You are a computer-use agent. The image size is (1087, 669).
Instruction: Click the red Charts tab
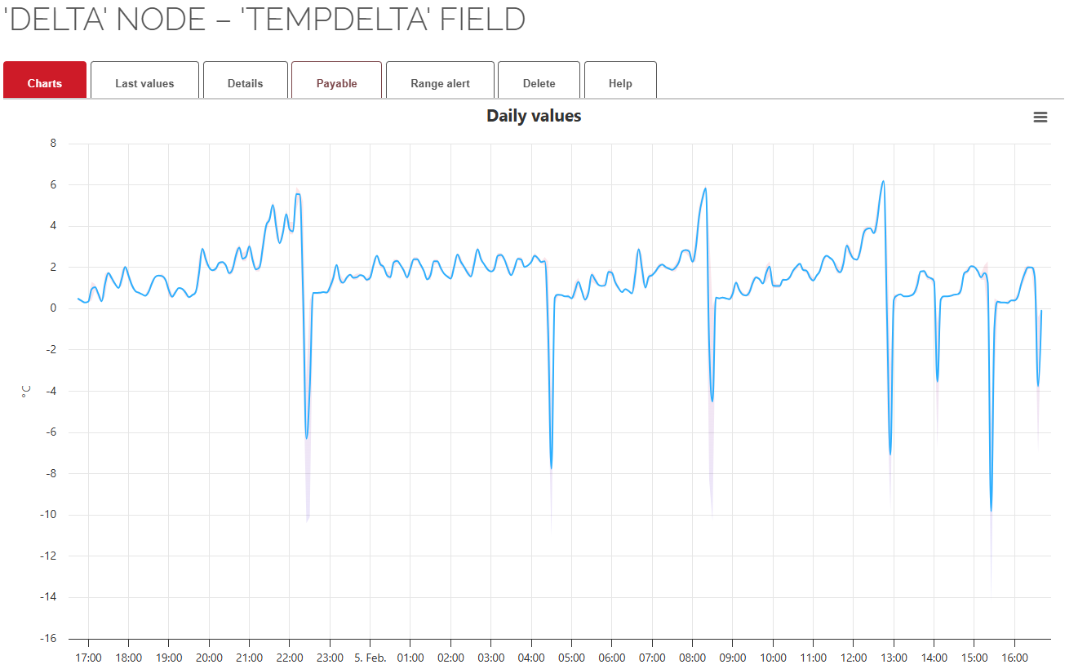tap(45, 83)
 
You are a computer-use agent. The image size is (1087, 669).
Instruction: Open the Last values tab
tap(144, 83)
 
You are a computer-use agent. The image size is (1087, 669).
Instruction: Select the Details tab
tap(245, 83)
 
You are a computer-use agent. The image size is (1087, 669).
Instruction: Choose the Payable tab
tap(336, 83)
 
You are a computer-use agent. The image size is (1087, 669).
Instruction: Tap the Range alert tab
tap(440, 83)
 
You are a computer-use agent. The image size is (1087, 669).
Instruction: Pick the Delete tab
tap(539, 83)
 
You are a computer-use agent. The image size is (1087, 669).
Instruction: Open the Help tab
tap(620, 83)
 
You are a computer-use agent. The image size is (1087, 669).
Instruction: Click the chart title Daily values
tap(534, 116)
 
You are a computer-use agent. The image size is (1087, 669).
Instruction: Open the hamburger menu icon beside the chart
tap(1040, 117)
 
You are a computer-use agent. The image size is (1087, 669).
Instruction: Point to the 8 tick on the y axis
tap(53, 144)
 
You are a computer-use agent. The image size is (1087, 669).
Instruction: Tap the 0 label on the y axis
tap(53, 308)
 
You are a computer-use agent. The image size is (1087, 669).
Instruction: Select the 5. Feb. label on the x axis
tap(370, 658)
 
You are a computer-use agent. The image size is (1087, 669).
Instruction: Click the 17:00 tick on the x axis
tap(88, 658)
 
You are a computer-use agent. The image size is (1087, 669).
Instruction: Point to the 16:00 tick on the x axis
tap(1014, 658)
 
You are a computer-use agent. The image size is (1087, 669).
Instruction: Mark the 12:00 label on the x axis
tap(853, 658)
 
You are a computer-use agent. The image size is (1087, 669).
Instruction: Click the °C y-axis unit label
tap(25, 392)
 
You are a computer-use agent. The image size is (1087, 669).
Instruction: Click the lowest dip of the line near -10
tap(991, 511)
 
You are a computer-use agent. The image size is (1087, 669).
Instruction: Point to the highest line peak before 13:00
tap(883, 181)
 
